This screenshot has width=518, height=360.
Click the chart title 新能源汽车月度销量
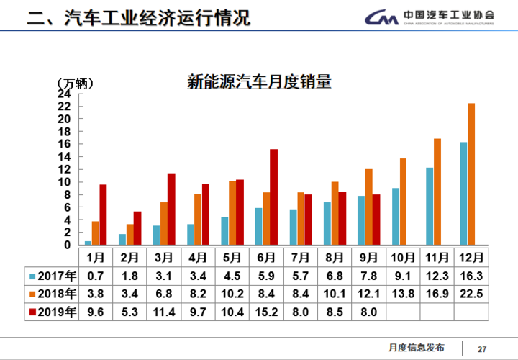[259, 81]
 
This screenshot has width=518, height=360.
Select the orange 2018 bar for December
[471, 174]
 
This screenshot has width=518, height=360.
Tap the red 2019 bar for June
[273, 197]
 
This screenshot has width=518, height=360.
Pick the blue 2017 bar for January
[88, 243]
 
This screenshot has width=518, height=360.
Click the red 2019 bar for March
[171, 209]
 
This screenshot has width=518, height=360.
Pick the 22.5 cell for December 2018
[471, 293]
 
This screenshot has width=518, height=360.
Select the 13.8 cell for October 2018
[404, 293]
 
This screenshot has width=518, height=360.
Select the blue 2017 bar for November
[430, 206]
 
